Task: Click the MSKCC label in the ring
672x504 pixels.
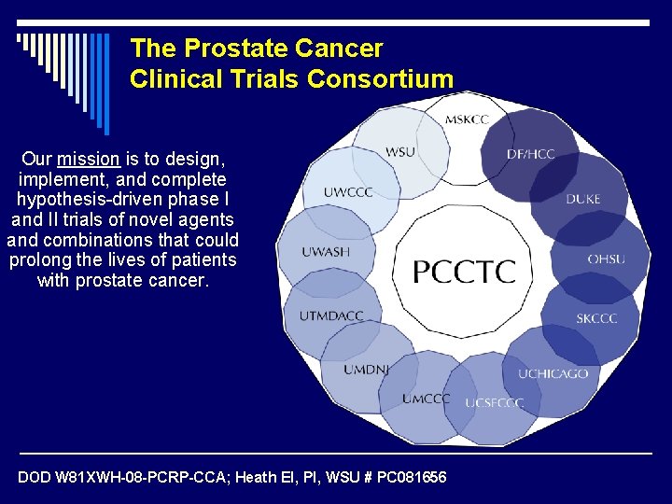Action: [467, 119]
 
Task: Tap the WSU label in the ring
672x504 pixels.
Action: [400, 152]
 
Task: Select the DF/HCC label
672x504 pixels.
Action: [531, 153]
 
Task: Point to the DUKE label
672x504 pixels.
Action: [582, 199]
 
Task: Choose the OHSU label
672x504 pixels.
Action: [606, 259]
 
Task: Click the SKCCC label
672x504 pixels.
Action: [596, 319]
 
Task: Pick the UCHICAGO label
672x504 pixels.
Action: [553, 373]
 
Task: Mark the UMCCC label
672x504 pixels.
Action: [426, 399]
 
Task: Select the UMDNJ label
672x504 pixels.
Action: [367, 370]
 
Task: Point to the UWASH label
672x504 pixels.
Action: [326, 252]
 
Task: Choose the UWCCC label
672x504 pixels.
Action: [348, 193]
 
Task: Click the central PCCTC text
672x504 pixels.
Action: [464, 272]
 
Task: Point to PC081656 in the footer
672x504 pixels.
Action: [412, 478]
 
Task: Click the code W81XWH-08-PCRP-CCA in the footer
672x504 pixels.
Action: [125, 478]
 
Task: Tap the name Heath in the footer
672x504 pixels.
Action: [258, 478]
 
